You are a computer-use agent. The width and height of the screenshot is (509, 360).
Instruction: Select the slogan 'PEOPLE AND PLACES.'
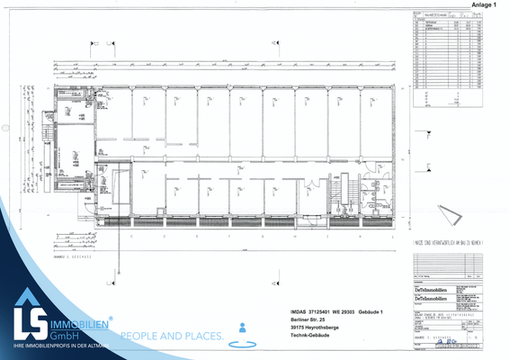click(x=172, y=337)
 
